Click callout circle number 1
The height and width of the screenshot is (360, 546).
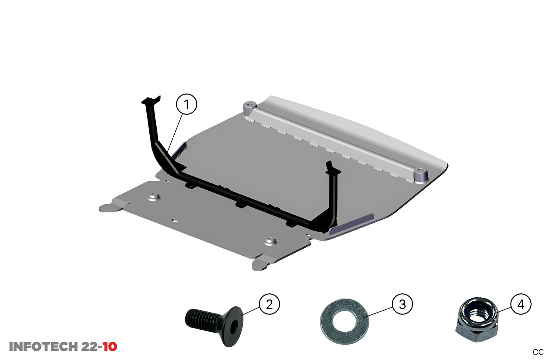tap(186, 104)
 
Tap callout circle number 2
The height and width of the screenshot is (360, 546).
tap(269, 304)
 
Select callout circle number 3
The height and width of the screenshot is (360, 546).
tap(402, 304)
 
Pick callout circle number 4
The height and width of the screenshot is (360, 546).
tap(521, 304)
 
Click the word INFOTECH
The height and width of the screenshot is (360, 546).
tap(44, 347)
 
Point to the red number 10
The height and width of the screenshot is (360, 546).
tap(110, 347)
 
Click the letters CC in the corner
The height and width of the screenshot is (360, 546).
tap(538, 352)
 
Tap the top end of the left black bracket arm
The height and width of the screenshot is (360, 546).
tap(150, 100)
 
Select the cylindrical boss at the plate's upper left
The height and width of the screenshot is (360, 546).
tap(249, 108)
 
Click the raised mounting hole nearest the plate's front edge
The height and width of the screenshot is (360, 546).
tap(271, 241)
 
